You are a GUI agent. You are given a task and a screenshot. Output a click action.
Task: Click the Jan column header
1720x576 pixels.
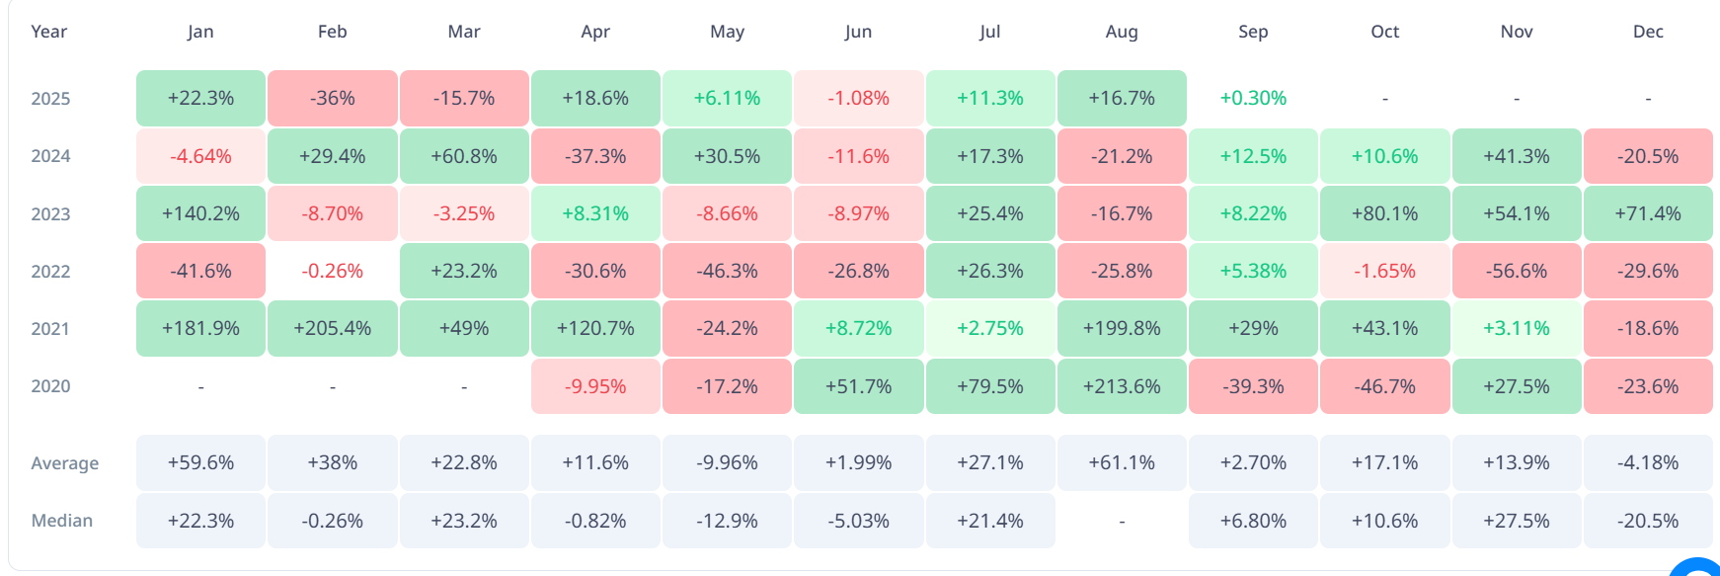click(x=200, y=32)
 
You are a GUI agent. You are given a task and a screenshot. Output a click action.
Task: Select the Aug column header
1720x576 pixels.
click(x=1122, y=32)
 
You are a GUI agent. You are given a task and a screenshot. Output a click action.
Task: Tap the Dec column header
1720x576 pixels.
click(x=1648, y=32)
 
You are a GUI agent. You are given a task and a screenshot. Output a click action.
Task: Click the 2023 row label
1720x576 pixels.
click(x=50, y=214)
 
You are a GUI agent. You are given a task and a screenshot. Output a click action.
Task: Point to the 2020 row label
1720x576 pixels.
click(x=50, y=386)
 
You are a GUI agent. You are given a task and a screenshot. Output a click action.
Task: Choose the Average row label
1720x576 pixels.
click(x=65, y=463)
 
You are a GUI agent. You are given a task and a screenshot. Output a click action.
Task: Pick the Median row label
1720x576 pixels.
click(x=62, y=521)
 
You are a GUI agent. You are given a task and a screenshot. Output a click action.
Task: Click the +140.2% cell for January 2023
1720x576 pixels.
click(x=200, y=213)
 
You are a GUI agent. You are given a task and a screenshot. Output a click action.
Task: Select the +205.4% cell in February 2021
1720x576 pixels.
click(x=333, y=328)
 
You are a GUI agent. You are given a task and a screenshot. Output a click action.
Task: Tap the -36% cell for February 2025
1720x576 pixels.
click(x=333, y=98)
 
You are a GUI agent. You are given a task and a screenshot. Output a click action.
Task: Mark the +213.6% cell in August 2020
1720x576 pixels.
click(x=1122, y=386)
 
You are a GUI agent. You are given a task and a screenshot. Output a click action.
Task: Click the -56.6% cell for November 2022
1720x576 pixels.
click(x=1517, y=271)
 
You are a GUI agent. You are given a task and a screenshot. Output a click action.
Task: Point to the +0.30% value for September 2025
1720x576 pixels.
click(x=1253, y=98)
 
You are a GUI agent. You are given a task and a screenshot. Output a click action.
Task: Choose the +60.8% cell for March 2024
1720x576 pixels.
click(x=464, y=156)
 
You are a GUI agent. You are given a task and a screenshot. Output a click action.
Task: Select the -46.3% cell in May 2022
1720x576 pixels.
click(x=727, y=271)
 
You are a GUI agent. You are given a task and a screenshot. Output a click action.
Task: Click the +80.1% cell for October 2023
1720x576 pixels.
click(x=1385, y=213)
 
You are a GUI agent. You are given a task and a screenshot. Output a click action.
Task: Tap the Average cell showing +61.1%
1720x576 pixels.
click(x=1122, y=462)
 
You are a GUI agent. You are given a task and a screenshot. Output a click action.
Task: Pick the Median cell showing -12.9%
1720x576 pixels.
click(x=727, y=521)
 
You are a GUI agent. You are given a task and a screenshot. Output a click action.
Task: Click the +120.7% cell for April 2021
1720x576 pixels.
click(x=595, y=328)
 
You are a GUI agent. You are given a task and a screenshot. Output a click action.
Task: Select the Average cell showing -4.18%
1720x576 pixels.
click(x=1648, y=462)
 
